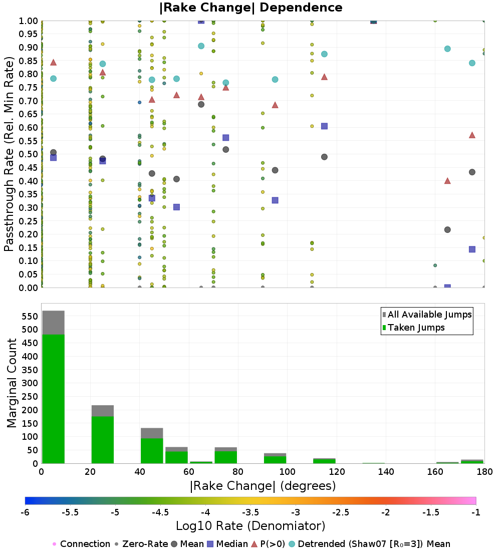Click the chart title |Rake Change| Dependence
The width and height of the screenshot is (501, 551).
point(250,8)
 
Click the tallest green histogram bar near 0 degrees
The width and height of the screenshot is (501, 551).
point(54,399)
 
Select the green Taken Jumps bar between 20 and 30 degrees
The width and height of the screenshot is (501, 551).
point(103,440)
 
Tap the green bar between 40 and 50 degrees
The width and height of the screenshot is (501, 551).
point(152,451)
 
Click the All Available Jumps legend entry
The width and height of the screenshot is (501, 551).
point(427,315)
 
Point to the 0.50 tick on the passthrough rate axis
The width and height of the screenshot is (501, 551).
point(28,154)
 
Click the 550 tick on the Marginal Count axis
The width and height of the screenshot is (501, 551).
point(30,316)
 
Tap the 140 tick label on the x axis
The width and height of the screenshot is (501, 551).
point(386,471)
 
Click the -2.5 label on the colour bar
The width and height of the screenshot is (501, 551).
point(341,512)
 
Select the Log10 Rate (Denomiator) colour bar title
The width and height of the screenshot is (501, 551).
point(250,525)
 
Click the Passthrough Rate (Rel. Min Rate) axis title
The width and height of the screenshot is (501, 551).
point(9,154)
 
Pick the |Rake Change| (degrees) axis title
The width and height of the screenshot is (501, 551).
point(263,486)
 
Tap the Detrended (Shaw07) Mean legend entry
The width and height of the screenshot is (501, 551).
point(369,544)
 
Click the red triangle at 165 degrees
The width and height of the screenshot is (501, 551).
point(447,181)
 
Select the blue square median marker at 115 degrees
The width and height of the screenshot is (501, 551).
point(325,126)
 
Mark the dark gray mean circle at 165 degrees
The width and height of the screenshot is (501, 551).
point(447,230)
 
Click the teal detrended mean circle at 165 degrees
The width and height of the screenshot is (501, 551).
point(447,49)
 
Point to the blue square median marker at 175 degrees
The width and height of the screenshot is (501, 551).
point(472,249)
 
